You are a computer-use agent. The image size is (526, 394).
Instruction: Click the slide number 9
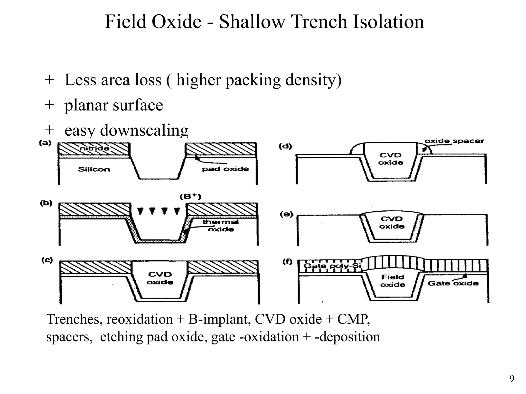(x=512, y=379)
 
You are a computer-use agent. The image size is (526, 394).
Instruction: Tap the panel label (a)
(x=45, y=143)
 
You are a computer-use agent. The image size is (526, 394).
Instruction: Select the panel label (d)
(x=285, y=146)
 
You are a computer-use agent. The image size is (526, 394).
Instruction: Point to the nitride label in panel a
(x=95, y=148)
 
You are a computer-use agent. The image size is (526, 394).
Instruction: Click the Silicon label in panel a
(x=94, y=169)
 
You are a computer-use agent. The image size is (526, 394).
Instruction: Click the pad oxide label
(x=225, y=169)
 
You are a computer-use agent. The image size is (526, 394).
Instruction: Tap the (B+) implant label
(x=191, y=197)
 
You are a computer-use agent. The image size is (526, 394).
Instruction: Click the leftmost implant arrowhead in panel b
(x=140, y=211)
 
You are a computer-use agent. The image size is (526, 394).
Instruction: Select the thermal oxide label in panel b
(x=221, y=225)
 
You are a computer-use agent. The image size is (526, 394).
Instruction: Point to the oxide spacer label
(x=454, y=141)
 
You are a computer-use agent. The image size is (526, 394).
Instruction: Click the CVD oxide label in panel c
(x=160, y=278)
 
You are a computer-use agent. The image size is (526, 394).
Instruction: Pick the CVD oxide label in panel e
(x=392, y=222)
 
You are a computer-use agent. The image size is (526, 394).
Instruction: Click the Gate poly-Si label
(x=332, y=265)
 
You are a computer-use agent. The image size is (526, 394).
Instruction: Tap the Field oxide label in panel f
(x=393, y=281)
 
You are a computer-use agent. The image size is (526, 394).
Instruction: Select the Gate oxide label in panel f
(x=453, y=283)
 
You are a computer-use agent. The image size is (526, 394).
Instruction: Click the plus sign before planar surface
(x=49, y=105)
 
